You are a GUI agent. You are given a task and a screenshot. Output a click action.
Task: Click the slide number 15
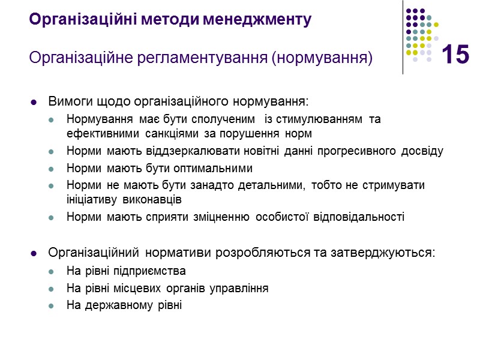(x=455, y=55)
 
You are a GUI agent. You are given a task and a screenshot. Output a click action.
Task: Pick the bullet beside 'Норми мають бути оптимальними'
(x=53, y=169)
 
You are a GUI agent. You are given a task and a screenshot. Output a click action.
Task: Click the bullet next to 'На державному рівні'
(x=53, y=306)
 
